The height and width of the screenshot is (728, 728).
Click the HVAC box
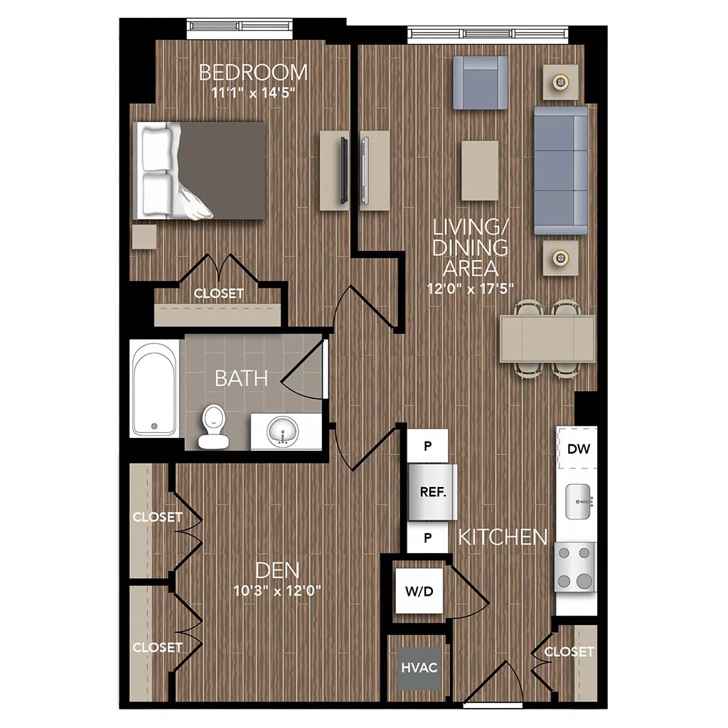tap(418, 668)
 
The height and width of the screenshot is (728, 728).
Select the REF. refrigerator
tap(432, 492)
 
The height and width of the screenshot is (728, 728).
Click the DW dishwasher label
tap(577, 449)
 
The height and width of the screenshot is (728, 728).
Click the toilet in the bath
tap(213, 427)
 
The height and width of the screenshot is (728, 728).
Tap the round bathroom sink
tap(282, 432)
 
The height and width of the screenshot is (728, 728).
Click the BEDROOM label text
tap(253, 73)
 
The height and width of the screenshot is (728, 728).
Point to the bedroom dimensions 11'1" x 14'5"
tap(253, 92)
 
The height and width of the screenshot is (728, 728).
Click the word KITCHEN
tap(503, 537)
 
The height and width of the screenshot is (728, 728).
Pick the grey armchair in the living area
tap(481, 82)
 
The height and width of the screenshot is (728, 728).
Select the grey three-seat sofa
tap(561, 171)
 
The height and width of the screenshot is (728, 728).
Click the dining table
tap(547, 339)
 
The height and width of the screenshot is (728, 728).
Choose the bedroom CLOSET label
tap(218, 294)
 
